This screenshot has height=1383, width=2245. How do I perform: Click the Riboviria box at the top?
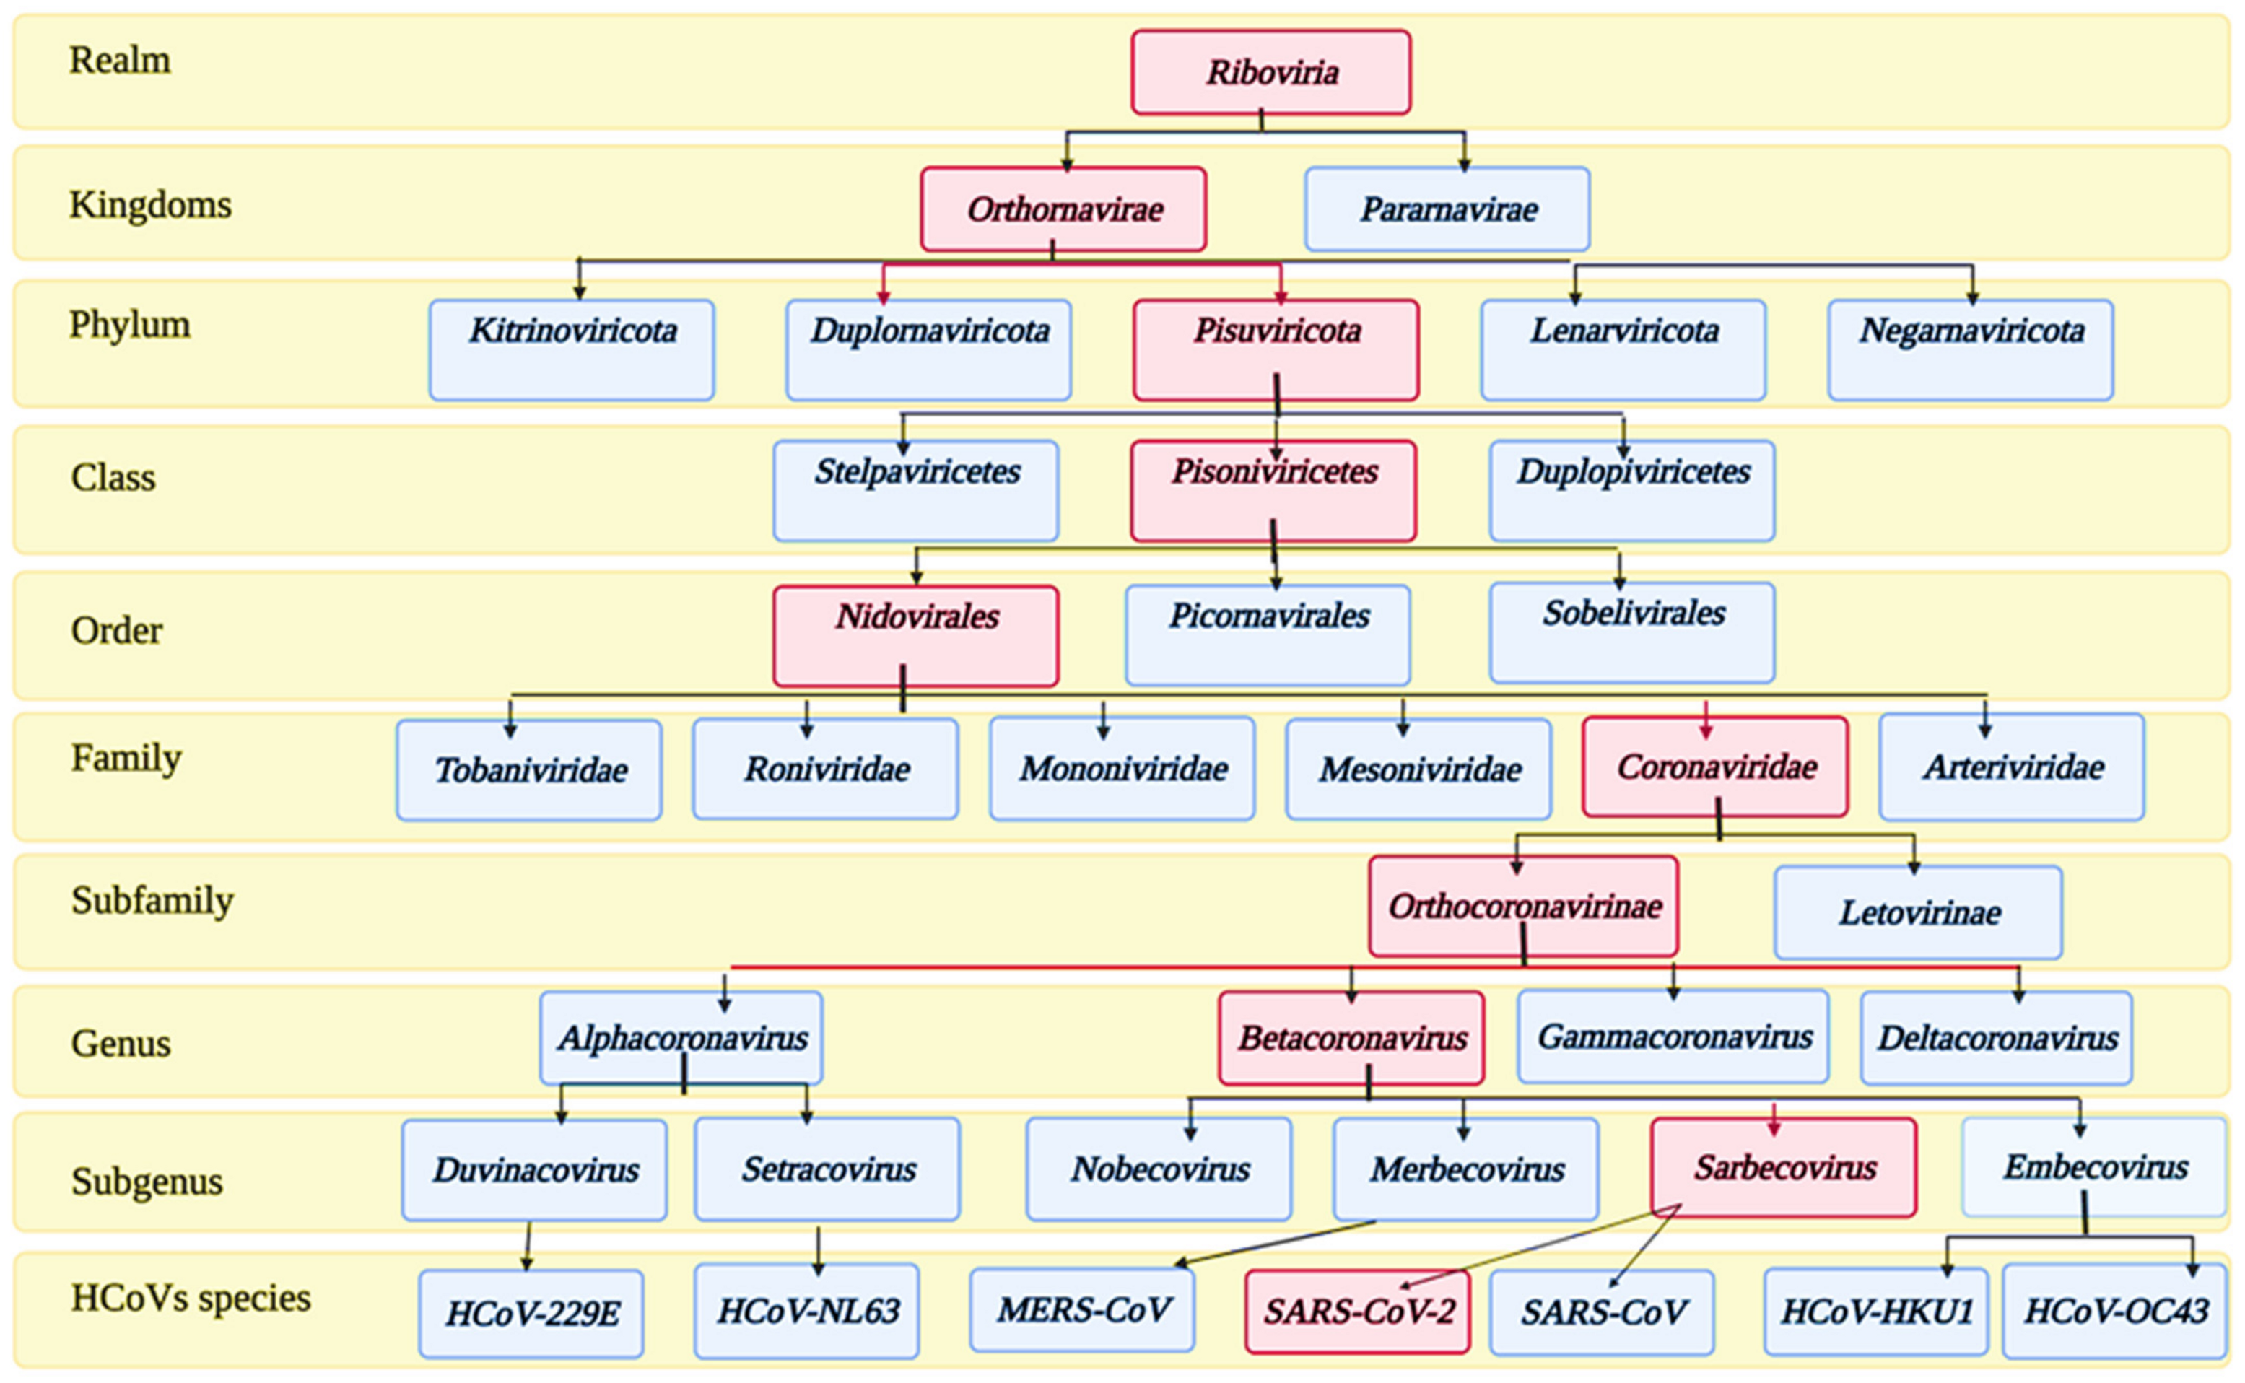point(1270,72)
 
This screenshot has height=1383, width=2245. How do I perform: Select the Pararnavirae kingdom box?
point(1447,209)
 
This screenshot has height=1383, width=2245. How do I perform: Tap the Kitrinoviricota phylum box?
point(572,349)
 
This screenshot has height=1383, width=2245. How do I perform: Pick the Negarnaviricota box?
point(1970,349)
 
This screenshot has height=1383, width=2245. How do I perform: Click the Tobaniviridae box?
point(528,770)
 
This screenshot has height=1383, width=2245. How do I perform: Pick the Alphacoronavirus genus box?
point(681,1038)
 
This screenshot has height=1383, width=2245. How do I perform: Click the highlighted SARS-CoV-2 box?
point(1357,1312)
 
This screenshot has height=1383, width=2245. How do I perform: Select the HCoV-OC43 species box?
point(2114,1312)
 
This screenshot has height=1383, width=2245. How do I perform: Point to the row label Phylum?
point(129,325)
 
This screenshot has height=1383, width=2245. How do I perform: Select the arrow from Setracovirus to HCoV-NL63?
point(818,1250)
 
